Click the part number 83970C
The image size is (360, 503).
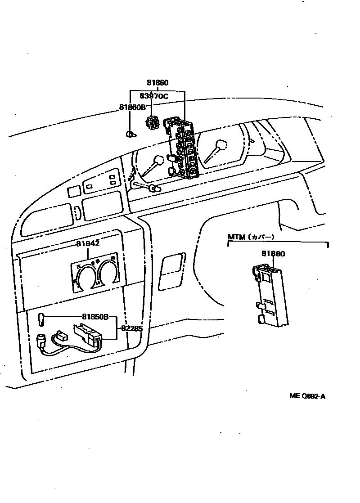[153, 96]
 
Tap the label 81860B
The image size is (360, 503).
[133, 107]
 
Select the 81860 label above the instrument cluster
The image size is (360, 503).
[157, 83]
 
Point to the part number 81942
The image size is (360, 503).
[87, 243]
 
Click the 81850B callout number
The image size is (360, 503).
[95, 316]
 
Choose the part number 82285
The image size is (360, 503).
[131, 328]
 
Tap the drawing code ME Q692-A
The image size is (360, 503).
[307, 396]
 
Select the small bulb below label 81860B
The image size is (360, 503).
[130, 134]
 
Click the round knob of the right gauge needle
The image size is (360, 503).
[220, 145]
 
